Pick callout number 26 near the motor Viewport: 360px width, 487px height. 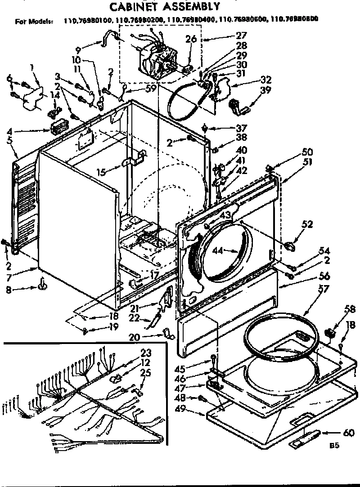[191, 40]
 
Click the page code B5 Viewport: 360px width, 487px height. [334, 446]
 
